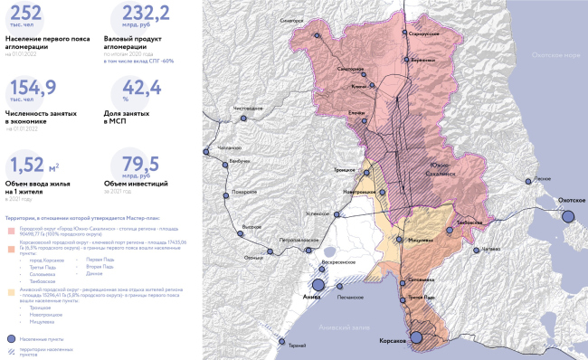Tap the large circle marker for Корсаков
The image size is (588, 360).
click(417, 338)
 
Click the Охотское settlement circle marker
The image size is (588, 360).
click(568, 215)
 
